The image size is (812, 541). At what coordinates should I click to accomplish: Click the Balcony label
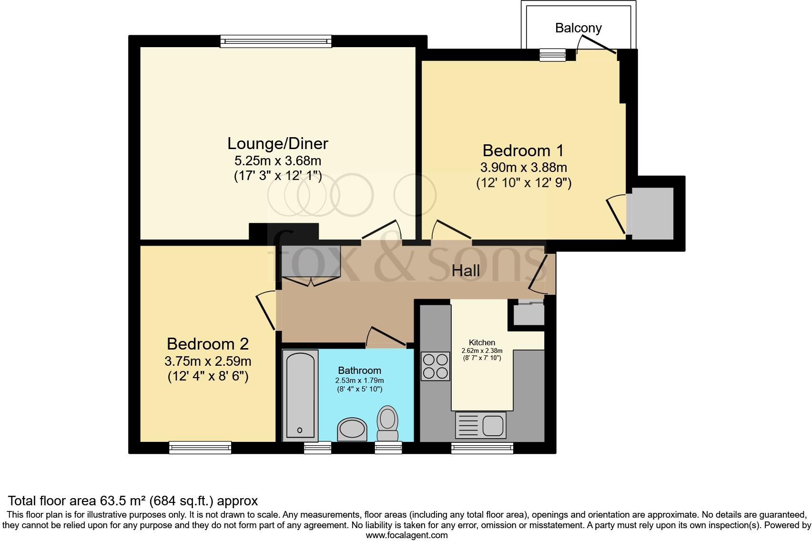tap(578, 28)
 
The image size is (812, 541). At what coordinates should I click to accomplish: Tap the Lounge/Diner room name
tap(278, 143)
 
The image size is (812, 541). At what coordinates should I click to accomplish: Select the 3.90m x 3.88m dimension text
tap(523, 168)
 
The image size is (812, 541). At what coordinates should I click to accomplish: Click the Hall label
tap(466, 271)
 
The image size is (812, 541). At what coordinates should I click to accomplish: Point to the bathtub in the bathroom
tap(300, 394)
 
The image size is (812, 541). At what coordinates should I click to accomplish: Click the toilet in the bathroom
tap(387, 423)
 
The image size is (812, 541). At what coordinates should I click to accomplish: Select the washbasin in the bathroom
tap(352, 430)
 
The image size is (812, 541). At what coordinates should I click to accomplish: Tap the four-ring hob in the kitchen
tap(435, 366)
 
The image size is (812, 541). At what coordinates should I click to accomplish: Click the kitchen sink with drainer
tap(481, 425)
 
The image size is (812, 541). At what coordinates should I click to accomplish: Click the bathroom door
tap(387, 337)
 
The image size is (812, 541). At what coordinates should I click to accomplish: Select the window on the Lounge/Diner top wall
tap(275, 42)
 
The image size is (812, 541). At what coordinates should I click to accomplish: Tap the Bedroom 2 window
tap(200, 447)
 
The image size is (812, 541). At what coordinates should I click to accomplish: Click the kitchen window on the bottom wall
tap(482, 447)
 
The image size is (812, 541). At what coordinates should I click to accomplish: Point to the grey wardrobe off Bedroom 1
tap(651, 213)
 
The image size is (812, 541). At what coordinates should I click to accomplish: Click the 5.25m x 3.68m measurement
tap(277, 160)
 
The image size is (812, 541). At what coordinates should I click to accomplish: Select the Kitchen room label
tap(482, 342)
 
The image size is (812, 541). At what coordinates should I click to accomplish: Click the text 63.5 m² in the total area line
tap(124, 501)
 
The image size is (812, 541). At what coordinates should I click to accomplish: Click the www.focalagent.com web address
tap(406, 535)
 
